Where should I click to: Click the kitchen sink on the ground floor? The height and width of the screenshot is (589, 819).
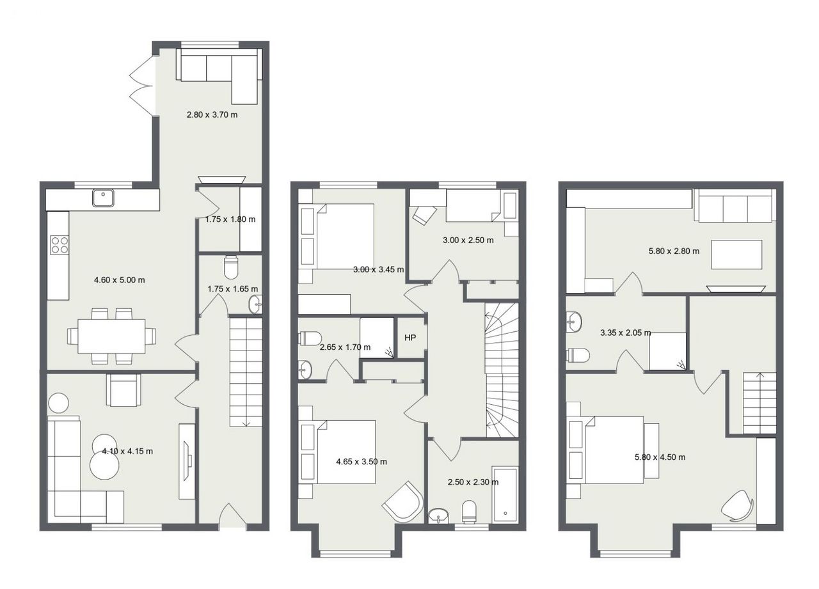tap(103, 198)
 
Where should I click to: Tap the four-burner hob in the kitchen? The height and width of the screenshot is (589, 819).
tap(60, 245)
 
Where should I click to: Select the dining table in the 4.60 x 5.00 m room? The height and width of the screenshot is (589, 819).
tap(111, 336)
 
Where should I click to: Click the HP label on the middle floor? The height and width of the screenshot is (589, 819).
tap(410, 338)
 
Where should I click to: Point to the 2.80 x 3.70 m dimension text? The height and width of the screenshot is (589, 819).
tap(212, 114)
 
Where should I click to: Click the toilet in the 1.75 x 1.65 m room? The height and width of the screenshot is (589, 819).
tap(231, 267)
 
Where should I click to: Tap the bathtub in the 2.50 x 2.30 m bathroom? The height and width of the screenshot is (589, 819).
tap(505, 494)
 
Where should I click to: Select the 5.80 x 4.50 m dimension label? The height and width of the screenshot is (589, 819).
tap(660, 457)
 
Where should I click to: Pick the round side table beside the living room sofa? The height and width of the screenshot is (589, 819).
tap(58, 403)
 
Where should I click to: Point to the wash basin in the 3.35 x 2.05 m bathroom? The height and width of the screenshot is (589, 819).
tap(574, 322)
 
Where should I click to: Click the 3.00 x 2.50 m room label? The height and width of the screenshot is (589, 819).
tap(468, 240)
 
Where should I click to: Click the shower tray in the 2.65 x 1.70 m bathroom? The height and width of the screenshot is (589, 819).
tap(377, 338)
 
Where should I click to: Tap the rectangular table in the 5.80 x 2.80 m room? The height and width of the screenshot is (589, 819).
tap(736, 255)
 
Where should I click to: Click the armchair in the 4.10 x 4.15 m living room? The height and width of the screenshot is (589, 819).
tap(123, 390)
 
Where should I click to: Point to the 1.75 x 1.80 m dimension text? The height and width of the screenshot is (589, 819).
tap(230, 219)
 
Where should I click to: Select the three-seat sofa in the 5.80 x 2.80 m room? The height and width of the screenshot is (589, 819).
tap(736, 205)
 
